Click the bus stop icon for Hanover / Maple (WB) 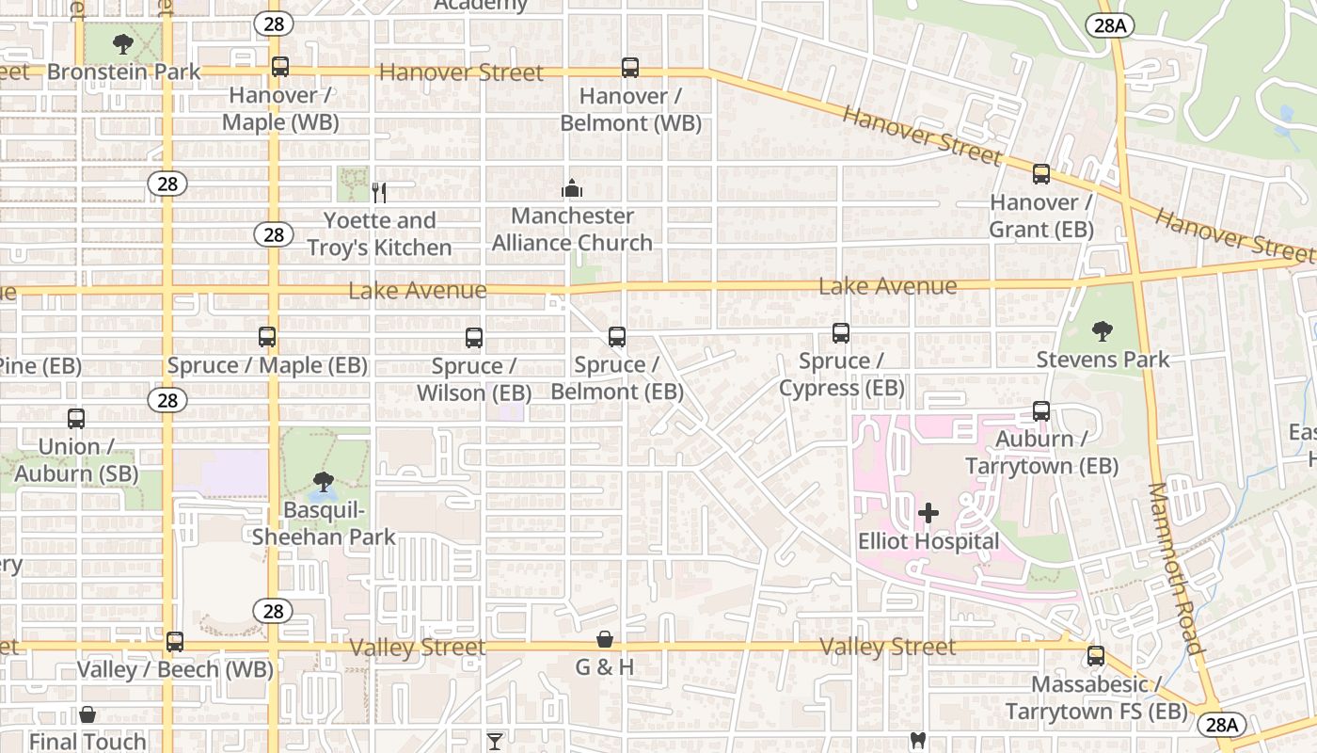tap(279, 67)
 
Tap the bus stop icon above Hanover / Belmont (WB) tap(630, 68)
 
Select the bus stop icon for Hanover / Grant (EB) tap(1040, 174)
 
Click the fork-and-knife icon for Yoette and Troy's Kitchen tap(379, 193)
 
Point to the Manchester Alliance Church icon tap(572, 189)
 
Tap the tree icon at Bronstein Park tap(122, 43)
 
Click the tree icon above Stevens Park tap(1103, 331)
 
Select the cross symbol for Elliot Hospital tap(928, 513)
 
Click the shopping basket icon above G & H tap(605, 640)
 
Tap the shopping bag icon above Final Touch tap(87, 714)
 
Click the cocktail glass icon tap(495, 741)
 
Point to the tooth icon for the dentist tap(918, 741)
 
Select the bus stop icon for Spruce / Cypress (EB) tap(841, 333)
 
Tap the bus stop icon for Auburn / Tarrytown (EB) tap(1040, 411)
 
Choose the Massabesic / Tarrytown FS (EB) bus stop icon tap(1095, 656)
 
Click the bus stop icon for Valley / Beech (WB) tap(175, 642)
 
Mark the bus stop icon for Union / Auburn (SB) tap(76, 419)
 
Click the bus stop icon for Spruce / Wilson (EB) tap(474, 338)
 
